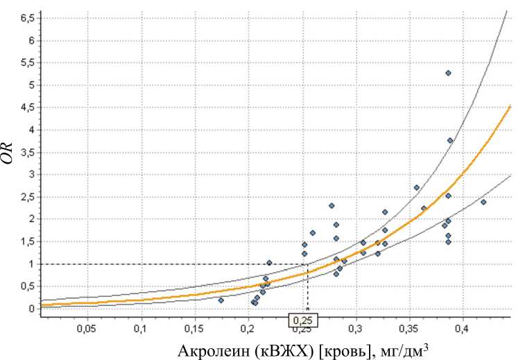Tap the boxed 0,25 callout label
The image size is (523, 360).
302,320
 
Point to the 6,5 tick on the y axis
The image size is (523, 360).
27,18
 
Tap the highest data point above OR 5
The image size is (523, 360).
448,73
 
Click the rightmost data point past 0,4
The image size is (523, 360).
483,202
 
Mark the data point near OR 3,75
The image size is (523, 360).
450,140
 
